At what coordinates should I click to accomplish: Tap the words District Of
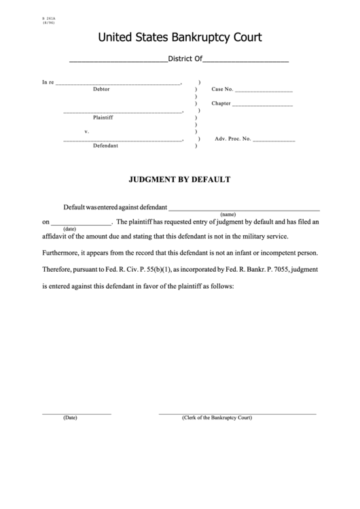pos(185,60)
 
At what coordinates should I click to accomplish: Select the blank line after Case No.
pos(264,90)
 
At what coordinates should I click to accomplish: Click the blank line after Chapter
pos(262,105)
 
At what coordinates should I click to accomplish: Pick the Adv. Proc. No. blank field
pos(274,140)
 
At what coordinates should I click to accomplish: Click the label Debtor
pos(101,90)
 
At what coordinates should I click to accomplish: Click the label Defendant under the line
pos(105,145)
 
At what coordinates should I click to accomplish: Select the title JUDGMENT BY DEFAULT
pos(180,180)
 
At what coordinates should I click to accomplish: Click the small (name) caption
pos(228,214)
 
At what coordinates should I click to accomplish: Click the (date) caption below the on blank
pos(69,229)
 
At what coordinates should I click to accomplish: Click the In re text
pos(48,83)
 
